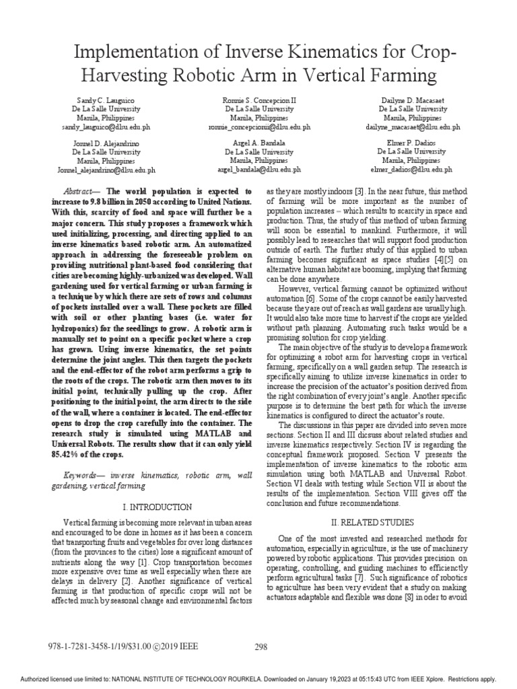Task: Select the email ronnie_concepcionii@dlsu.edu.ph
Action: click(x=259, y=126)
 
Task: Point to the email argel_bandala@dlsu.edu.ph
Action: click(x=259, y=170)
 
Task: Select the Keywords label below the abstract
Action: click(x=79, y=475)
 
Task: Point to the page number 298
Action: click(x=261, y=647)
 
